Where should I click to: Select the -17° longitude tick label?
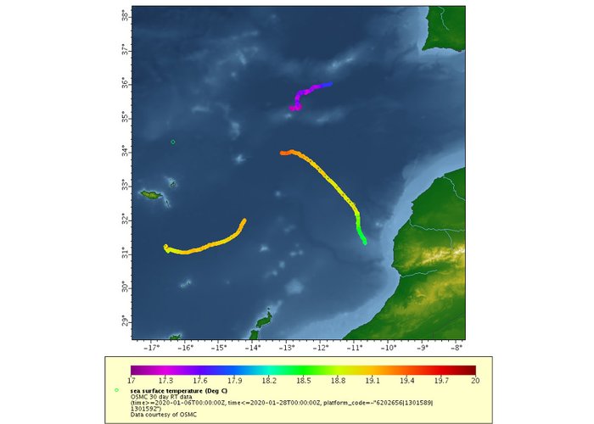(152, 348)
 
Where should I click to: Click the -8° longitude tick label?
(457, 348)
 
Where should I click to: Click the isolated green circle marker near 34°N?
(173, 142)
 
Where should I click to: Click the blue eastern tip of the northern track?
(330, 84)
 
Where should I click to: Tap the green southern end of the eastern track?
(365, 243)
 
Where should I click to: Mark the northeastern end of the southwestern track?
(244, 220)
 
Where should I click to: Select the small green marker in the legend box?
(116, 390)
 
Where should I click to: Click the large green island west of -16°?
(152, 196)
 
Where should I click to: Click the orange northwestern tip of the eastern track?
(282, 153)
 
